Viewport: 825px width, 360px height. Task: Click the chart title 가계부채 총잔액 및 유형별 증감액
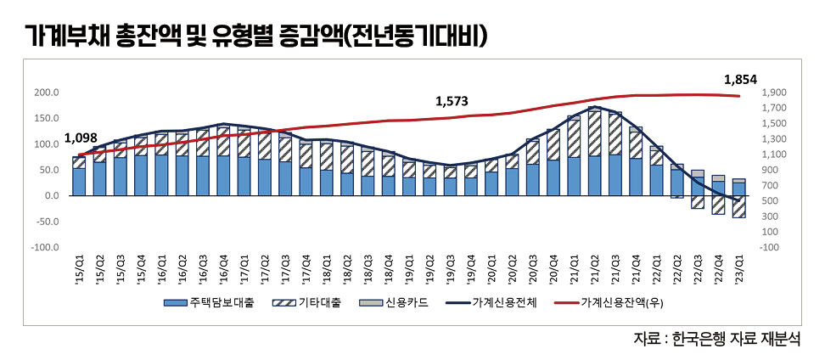pyautogui.click(x=255, y=35)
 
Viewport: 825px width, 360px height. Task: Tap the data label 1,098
pyautogui.click(x=81, y=138)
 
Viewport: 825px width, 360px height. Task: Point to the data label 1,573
pyautogui.click(x=452, y=101)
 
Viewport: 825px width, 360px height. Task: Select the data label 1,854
pyautogui.click(x=740, y=79)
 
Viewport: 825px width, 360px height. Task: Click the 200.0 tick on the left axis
pyautogui.click(x=47, y=93)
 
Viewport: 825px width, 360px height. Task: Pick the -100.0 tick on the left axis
pyautogui.click(x=44, y=247)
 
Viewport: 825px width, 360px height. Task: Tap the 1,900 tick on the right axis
pyautogui.click(x=774, y=93)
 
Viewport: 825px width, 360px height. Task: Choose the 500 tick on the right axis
pyautogui.click(x=770, y=201)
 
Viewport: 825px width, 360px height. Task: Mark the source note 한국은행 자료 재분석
pyautogui.click(x=717, y=339)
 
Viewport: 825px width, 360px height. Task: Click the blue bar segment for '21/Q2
pyautogui.click(x=594, y=176)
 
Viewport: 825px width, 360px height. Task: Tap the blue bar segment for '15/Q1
pyautogui.click(x=79, y=182)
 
